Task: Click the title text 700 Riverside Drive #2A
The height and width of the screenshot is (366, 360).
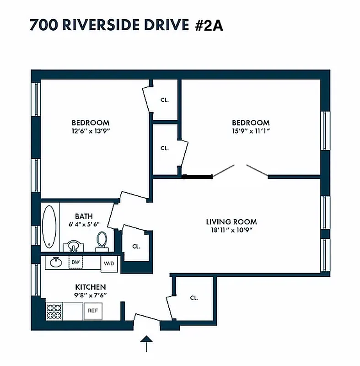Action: [126, 25]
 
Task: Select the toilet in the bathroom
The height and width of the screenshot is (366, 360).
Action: [102, 241]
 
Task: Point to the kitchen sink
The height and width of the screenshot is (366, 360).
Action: [56, 262]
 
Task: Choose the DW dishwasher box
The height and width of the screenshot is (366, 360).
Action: [75, 262]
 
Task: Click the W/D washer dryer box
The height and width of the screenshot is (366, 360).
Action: [109, 264]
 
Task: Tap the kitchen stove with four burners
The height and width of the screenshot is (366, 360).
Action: [54, 311]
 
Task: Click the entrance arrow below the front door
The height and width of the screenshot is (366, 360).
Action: [146, 344]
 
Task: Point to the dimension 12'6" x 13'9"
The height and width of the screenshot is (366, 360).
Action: [91, 131]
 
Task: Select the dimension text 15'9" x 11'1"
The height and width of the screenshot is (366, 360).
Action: [251, 131]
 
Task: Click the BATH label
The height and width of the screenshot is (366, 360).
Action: [84, 216]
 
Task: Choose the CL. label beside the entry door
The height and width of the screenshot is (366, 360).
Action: [194, 298]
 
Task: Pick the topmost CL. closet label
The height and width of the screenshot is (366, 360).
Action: [165, 100]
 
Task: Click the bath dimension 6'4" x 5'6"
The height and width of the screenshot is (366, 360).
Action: [84, 224]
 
